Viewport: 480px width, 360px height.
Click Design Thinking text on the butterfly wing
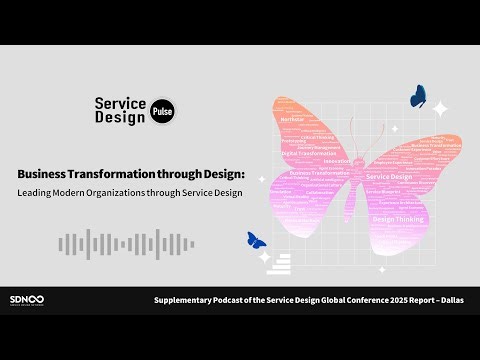tap(398, 218)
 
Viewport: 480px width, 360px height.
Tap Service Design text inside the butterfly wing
tap(389, 177)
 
